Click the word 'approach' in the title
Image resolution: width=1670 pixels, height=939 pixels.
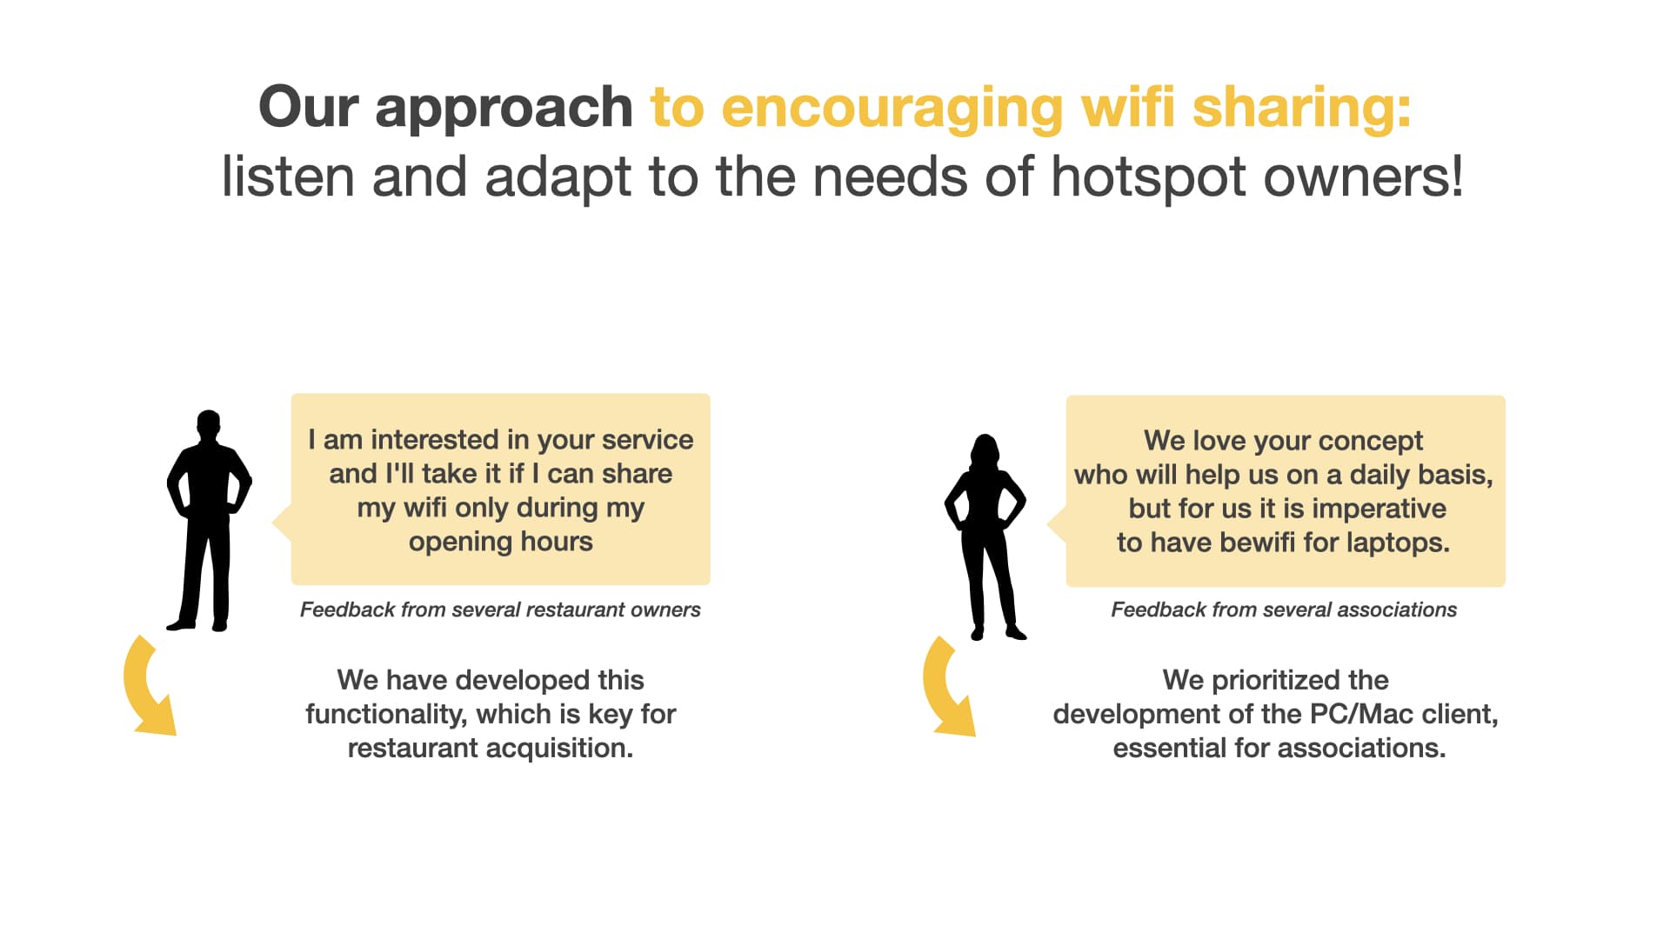(x=504, y=109)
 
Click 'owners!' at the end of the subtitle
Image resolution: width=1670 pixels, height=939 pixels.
(x=1363, y=176)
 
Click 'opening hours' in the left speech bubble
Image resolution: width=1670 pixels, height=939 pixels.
(x=501, y=543)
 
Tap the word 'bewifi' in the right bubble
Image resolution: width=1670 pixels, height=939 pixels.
(x=1258, y=543)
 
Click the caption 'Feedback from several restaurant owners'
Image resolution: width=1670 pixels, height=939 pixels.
(x=500, y=609)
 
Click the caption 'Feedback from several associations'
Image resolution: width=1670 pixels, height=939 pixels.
(x=1284, y=609)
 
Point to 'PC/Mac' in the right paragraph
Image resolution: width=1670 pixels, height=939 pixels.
(x=1361, y=714)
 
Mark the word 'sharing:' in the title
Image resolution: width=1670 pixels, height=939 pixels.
(x=1301, y=109)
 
